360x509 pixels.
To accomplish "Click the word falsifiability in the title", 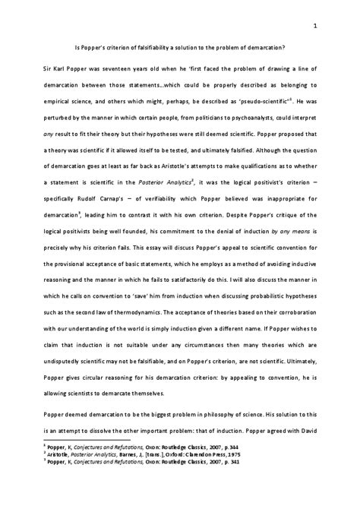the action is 148,48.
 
